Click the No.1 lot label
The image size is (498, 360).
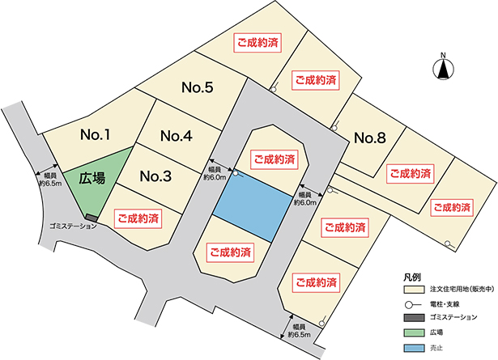click(96, 135)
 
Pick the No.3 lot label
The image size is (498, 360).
click(155, 176)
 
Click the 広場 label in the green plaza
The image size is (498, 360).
click(93, 180)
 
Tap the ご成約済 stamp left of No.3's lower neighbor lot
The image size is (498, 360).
click(138, 218)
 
